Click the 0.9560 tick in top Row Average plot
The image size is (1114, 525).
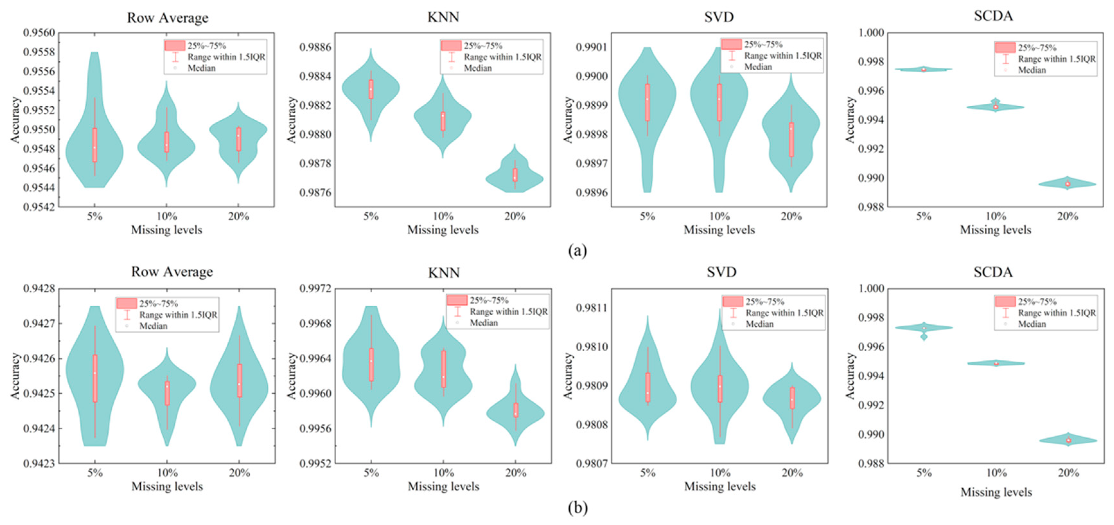pyautogui.click(x=39, y=33)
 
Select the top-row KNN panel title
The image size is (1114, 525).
pyautogui.click(x=443, y=17)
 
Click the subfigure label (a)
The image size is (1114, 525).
pyautogui.click(x=577, y=250)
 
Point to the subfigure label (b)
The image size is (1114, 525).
pyautogui.click(x=577, y=508)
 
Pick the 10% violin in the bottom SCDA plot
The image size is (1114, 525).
pyautogui.click(x=996, y=363)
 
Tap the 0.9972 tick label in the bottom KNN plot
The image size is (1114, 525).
pyautogui.click(x=315, y=288)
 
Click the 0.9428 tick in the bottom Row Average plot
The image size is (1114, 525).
pyautogui.click(x=39, y=288)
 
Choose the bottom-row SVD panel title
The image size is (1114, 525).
pyautogui.click(x=721, y=272)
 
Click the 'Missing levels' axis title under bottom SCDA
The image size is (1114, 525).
pyautogui.click(x=996, y=492)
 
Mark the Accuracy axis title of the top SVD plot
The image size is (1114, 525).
pyautogui.click(x=567, y=120)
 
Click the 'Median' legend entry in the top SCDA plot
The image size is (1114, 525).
pyautogui.click(x=1031, y=70)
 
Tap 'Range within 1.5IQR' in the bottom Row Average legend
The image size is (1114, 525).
pyautogui.click(x=178, y=315)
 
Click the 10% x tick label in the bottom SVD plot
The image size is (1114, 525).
pyautogui.click(x=720, y=473)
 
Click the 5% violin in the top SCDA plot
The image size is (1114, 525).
pyautogui.click(x=923, y=69)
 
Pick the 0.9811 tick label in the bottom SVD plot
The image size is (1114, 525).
pyautogui.click(x=592, y=308)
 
